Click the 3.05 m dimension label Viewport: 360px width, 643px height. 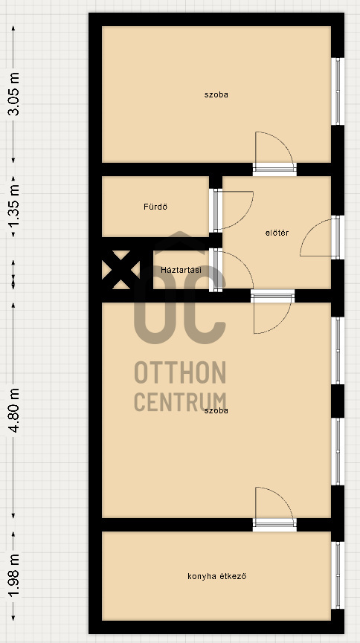click(x=14, y=94)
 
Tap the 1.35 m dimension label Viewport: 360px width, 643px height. click(x=14, y=207)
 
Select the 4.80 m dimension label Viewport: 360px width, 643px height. click(x=14, y=410)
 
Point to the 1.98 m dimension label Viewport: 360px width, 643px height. click(x=14, y=576)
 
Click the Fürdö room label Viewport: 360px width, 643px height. click(x=155, y=207)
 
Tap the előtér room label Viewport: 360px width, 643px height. click(x=277, y=233)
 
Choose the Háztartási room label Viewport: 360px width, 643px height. click(x=181, y=270)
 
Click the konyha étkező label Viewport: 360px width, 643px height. click(x=216, y=576)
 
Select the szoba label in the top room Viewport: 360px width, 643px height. click(x=216, y=94)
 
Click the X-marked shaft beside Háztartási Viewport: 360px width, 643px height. click(x=121, y=270)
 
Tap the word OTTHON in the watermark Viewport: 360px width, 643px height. click(x=180, y=372)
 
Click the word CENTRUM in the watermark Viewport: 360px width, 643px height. click(x=180, y=402)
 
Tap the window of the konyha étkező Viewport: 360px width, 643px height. click(x=338, y=575)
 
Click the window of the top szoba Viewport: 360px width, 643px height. click(x=338, y=91)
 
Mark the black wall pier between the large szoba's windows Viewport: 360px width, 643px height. click(x=338, y=401)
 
